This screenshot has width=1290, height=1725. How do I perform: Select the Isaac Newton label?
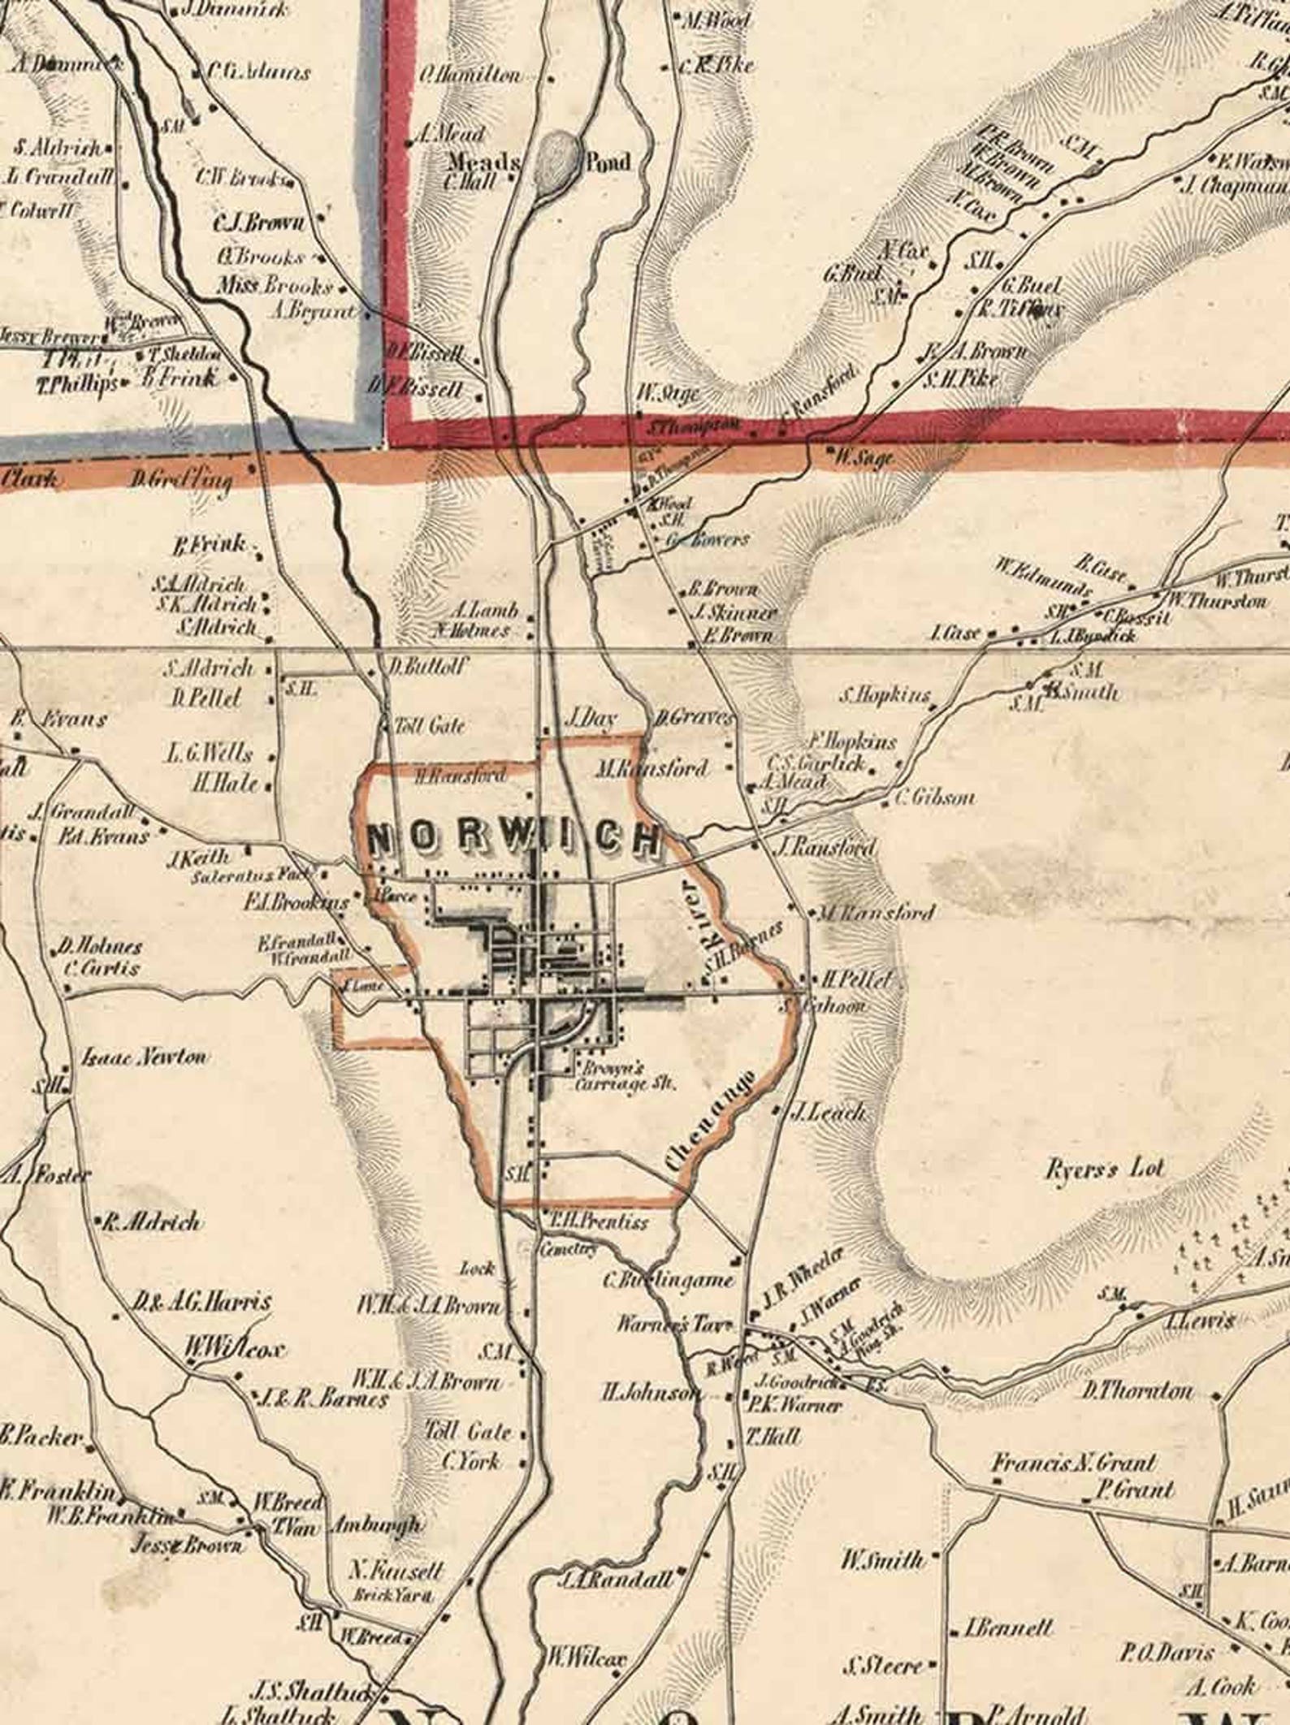pyautogui.click(x=145, y=1057)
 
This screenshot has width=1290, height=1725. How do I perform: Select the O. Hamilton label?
pyautogui.click(x=470, y=75)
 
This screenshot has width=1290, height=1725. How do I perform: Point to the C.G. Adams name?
pyautogui.click(x=258, y=72)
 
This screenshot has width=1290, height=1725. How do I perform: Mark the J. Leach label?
pyautogui.click(x=826, y=1113)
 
